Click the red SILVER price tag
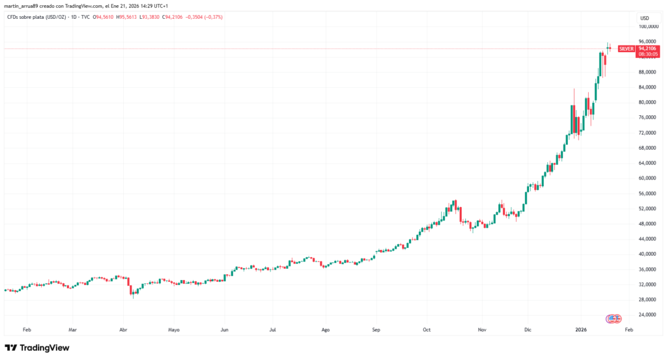(x=625, y=48)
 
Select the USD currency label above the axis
(x=644, y=18)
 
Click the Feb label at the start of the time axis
(x=27, y=330)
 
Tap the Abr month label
(x=123, y=330)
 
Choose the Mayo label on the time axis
(x=173, y=330)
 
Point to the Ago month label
(x=325, y=330)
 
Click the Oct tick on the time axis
(x=427, y=330)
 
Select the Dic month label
(x=528, y=330)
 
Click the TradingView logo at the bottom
(x=37, y=348)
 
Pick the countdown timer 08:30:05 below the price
(x=646, y=55)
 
